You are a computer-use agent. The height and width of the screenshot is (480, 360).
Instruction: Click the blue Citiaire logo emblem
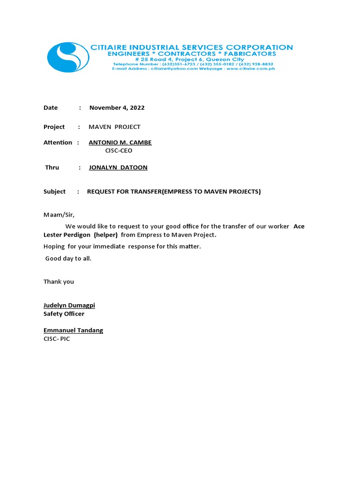[68, 57]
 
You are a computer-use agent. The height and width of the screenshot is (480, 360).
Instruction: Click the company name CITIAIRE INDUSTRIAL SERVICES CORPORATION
[191, 47]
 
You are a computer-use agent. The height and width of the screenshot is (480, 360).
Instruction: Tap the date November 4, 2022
[117, 108]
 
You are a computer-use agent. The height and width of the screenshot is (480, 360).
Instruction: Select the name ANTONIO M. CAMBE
[120, 142]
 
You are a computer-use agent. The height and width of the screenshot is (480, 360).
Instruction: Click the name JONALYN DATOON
[118, 167]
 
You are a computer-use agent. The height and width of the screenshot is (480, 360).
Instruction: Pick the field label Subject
[54, 192]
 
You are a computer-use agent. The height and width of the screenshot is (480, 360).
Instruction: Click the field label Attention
[58, 142]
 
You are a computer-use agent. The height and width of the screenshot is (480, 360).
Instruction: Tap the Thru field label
[52, 167]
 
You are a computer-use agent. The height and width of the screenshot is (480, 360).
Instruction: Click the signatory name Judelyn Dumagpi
[69, 306]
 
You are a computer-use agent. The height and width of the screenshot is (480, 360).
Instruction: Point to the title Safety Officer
[64, 314]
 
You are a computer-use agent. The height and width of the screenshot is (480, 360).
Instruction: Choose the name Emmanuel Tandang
[73, 330]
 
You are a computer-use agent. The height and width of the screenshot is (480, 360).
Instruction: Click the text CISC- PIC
[57, 338]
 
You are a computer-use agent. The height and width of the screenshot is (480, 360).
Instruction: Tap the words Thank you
[59, 282]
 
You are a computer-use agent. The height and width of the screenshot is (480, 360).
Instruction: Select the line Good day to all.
[68, 258]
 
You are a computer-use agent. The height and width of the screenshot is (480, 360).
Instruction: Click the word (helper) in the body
[105, 235]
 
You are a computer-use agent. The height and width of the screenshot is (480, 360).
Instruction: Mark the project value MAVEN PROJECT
[114, 127]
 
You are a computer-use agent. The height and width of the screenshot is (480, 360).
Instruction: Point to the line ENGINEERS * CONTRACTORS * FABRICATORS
[192, 54]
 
